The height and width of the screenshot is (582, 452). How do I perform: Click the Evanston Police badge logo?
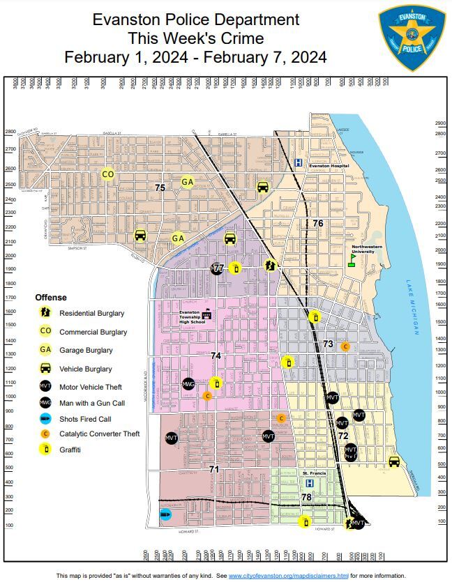(x=412, y=38)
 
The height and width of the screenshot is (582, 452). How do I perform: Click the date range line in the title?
(x=195, y=57)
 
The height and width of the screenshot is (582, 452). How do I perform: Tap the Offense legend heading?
(x=51, y=298)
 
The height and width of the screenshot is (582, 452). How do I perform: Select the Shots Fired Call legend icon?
(x=45, y=419)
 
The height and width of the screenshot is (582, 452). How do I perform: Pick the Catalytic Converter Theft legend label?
(x=99, y=434)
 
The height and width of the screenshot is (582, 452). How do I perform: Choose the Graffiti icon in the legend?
(x=45, y=450)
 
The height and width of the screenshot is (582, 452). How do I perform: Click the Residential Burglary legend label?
(x=91, y=314)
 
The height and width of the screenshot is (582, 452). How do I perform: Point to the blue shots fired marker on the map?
(x=165, y=515)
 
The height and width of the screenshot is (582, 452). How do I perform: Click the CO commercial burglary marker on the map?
(x=107, y=174)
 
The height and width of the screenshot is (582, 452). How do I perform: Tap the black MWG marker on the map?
(x=188, y=383)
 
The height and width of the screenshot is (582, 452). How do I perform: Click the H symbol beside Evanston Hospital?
(x=298, y=163)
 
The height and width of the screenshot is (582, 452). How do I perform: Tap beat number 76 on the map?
(x=317, y=223)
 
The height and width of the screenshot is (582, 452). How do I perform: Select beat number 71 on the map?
(x=214, y=469)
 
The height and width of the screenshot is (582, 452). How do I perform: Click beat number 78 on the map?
(x=306, y=497)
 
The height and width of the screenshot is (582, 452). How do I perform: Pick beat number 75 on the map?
(x=160, y=187)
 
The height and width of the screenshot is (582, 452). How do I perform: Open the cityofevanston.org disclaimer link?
(x=288, y=576)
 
